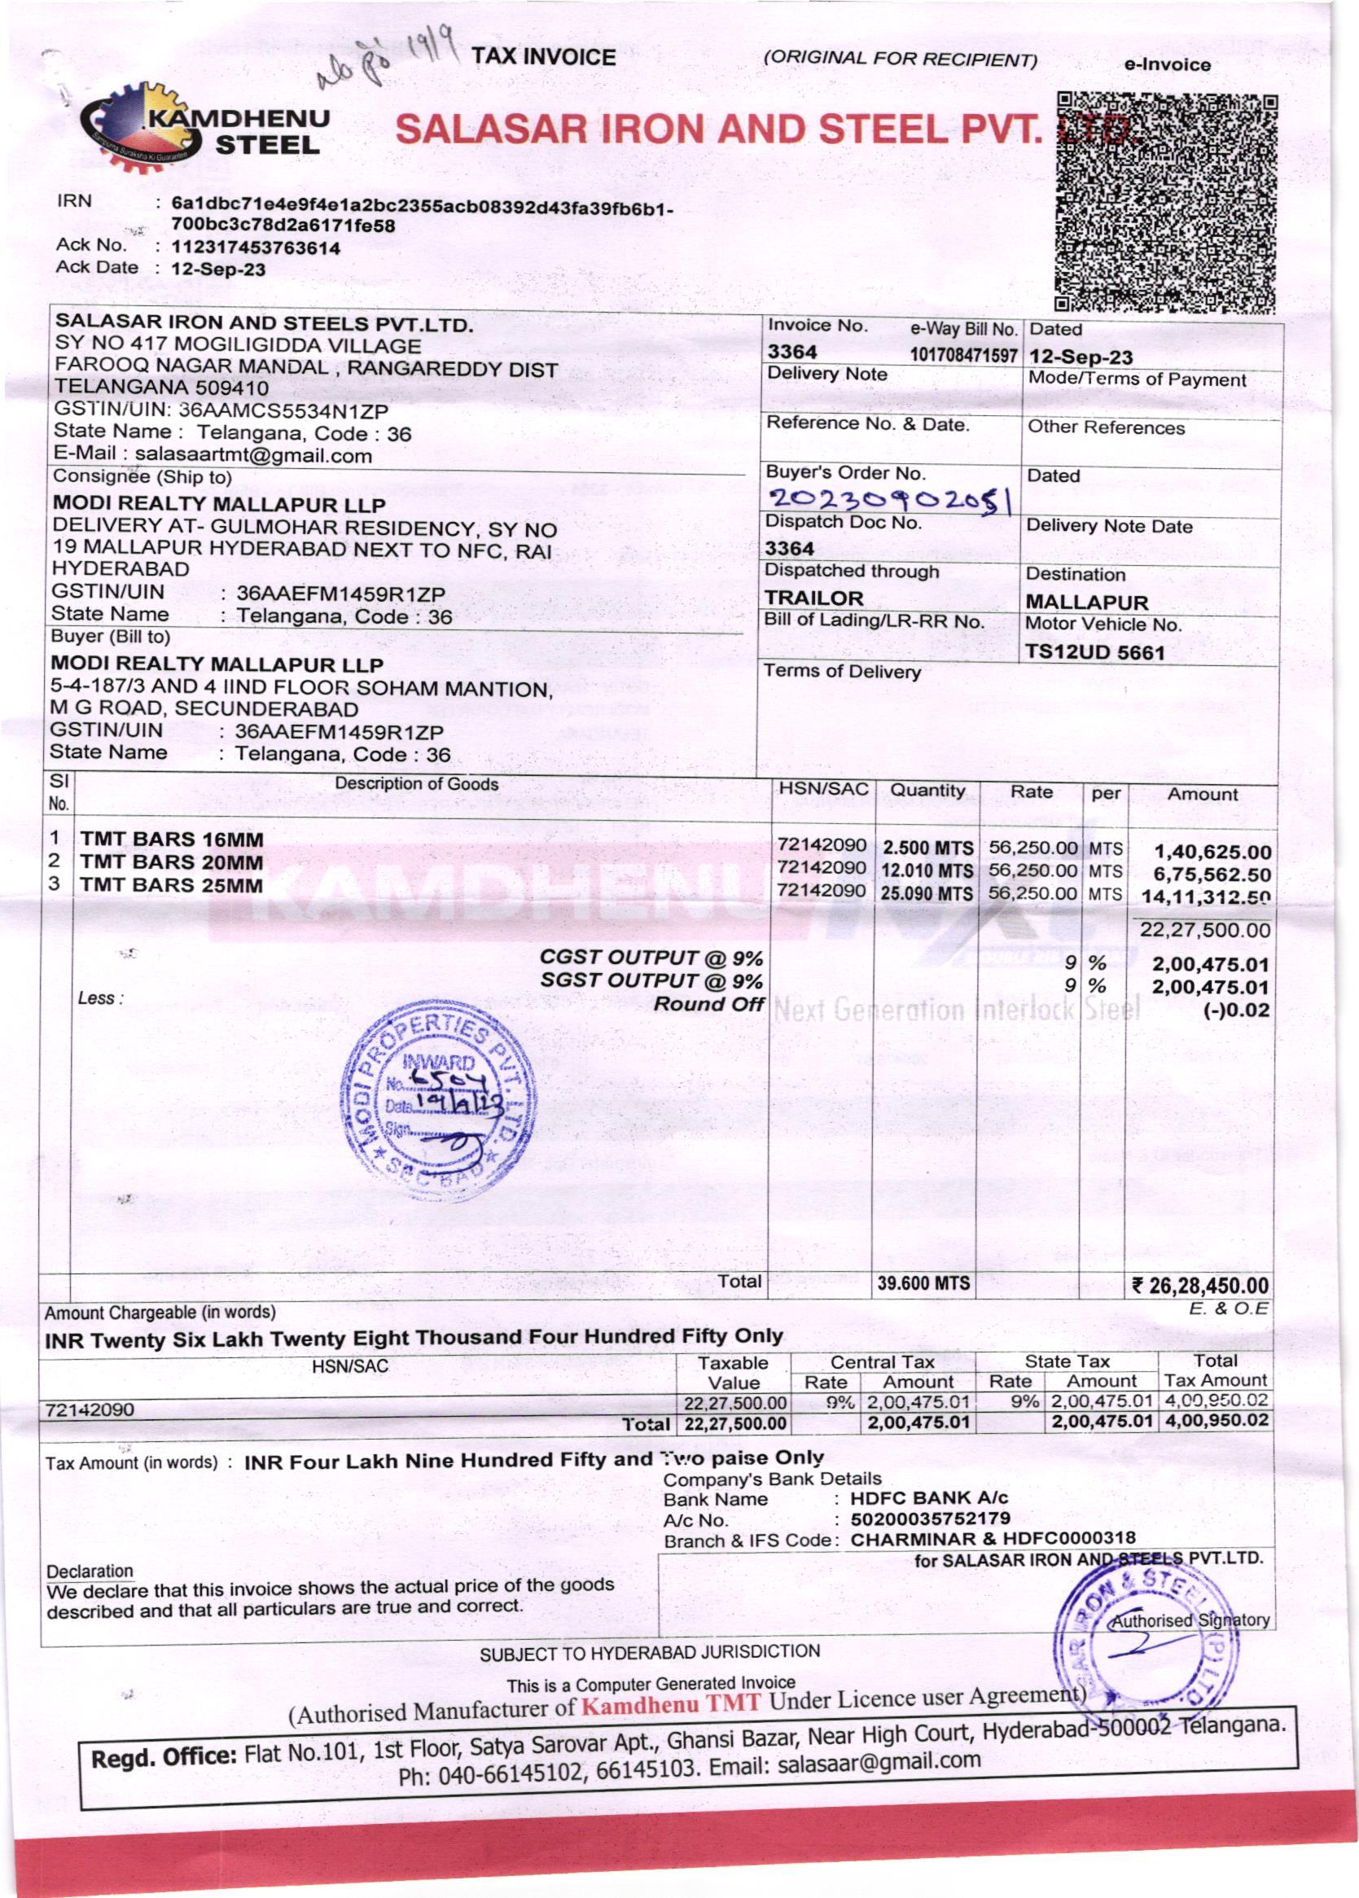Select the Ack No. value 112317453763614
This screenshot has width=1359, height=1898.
[255, 248]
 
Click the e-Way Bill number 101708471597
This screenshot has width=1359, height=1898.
[963, 355]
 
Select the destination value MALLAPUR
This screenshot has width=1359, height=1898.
[1086, 603]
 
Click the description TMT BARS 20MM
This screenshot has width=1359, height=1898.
[172, 862]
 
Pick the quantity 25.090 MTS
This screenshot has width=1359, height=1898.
[927, 893]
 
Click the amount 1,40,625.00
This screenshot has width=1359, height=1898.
[1212, 853]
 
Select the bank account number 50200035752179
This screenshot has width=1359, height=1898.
[930, 1518]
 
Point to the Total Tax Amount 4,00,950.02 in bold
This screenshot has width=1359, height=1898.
[1216, 1421]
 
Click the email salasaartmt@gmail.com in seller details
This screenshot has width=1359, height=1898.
[252, 456]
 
